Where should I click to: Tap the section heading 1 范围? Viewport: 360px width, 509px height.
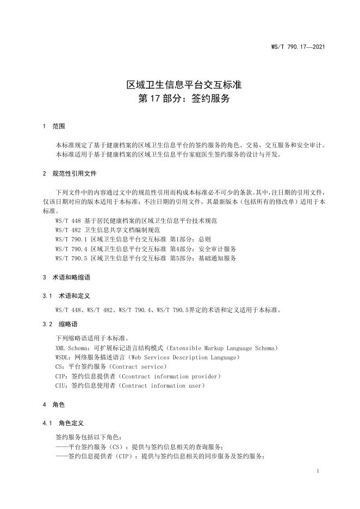click(53, 126)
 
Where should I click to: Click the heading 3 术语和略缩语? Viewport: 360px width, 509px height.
click(67, 277)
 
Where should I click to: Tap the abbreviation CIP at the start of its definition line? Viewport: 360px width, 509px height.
click(61, 376)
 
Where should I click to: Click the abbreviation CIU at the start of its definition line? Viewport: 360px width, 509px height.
click(61, 386)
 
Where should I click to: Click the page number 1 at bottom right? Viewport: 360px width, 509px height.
click(317, 470)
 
